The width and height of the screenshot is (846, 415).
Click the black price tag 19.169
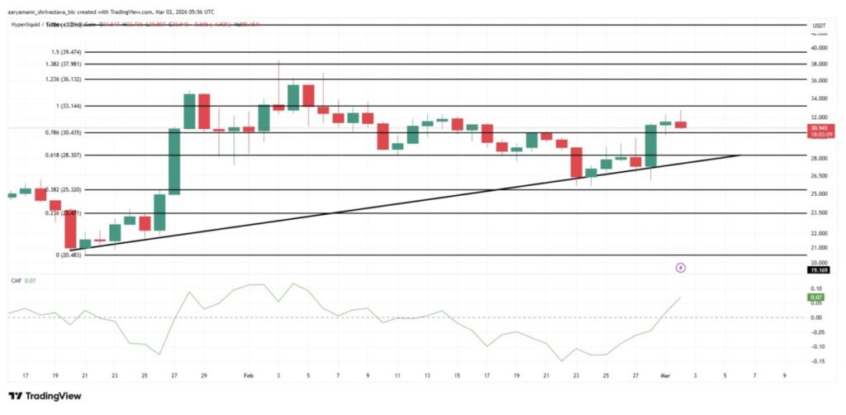(x=817, y=270)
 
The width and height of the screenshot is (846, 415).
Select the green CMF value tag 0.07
(x=816, y=295)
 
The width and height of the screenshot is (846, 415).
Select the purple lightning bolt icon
(x=680, y=268)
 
